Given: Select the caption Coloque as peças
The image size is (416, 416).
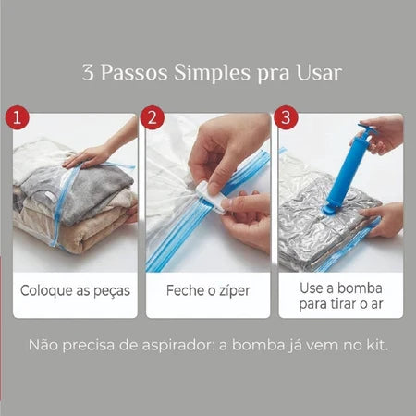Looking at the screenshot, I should (x=75, y=290).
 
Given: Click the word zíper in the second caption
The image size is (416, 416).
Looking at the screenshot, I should (x=231, y=290).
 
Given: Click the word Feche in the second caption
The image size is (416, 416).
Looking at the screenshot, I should (x=183, y=290).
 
